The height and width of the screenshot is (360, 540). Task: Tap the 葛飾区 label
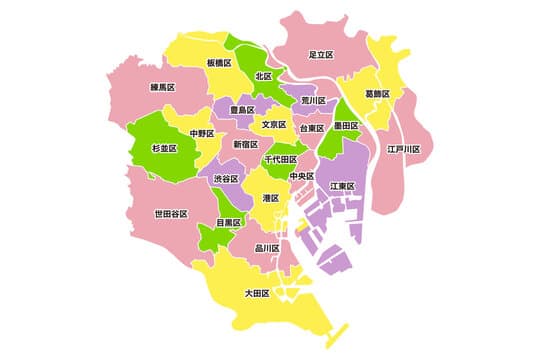[x=377, y=94]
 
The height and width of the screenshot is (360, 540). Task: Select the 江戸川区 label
[x=404, y=149]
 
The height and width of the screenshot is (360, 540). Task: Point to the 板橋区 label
[x=219, y=63]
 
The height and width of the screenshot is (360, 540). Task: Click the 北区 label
[x=263, y=76]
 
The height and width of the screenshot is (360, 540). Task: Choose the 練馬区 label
[x=164, y=88]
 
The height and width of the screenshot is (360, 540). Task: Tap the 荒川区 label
[x=315, y=101]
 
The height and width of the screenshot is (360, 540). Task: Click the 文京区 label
[x=275, y=125]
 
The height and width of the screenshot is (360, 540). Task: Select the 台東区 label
[x=311, y=129]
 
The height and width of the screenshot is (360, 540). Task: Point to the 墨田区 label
[x=347, y=126]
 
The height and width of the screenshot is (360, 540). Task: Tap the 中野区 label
[x=203, y=132]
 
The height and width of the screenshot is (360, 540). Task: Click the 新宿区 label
[x=246, y=145]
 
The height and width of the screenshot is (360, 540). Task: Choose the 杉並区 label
[x=164, y=148]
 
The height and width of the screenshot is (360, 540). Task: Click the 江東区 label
[x=344, y=186]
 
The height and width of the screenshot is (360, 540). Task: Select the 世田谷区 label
[x=171, y=214]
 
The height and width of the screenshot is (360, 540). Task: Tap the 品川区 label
[x=267, y=249]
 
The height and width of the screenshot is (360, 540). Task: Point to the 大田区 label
[x=258, y=294]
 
